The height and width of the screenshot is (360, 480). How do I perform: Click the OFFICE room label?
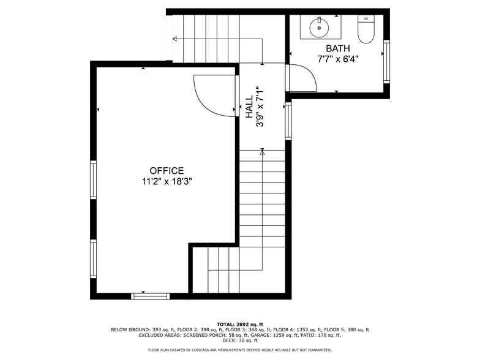click(167, 171)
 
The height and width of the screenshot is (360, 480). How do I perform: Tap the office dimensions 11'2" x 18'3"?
click(167, 181)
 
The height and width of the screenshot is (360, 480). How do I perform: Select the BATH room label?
click(338, 48)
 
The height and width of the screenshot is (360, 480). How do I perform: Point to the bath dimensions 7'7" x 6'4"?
click(338, 59)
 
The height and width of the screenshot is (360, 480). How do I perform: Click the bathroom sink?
click(319, 27)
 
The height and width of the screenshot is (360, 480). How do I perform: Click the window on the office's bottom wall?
click(150, 296)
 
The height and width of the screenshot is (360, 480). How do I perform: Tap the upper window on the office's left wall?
click(94, 179)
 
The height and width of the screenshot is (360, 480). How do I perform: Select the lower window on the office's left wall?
click(94, 258)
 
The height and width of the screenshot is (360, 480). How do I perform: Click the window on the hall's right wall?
click(288, 121)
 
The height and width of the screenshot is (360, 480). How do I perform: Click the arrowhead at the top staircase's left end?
click(176, 39)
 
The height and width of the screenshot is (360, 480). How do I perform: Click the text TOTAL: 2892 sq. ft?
click(240, 324)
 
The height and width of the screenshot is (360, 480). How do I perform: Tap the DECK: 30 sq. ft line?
click(240, 340)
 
